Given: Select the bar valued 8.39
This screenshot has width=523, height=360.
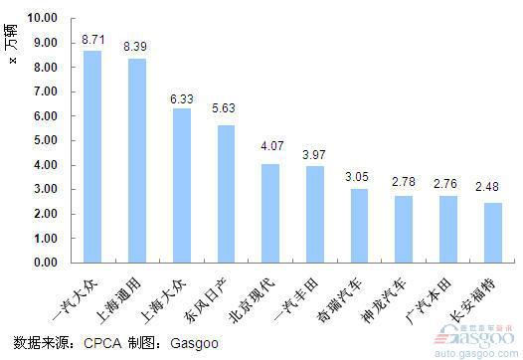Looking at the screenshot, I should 136,160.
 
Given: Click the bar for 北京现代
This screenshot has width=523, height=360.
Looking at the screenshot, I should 269,213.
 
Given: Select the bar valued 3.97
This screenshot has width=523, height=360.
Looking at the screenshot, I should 314,214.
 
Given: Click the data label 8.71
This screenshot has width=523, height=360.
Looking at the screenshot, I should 92,41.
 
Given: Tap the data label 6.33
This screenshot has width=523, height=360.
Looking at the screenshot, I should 182,98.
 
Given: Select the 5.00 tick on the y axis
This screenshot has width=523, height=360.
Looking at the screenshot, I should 45,140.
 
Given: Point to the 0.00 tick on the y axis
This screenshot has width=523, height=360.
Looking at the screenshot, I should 45,264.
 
